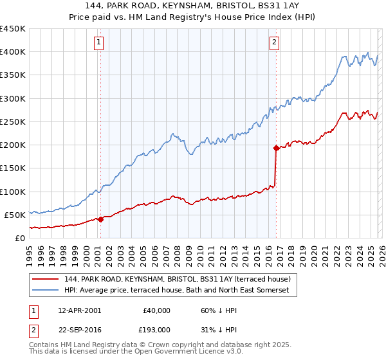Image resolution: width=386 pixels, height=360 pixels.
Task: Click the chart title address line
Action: pyautogui.click(x=193, y=6)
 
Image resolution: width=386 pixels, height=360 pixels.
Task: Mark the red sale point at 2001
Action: pyautogui.click(x=100, y=219)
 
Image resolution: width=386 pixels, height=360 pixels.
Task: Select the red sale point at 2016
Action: pyautogui.click(x=276, y=148)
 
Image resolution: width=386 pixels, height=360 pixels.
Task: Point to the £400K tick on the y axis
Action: pyautogui.click(x=13, y=52)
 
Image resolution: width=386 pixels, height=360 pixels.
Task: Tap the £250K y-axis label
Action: pyautogui.click(x=13, y=122)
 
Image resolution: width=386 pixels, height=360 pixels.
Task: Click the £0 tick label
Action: pyautogui.click(x=19, y=238)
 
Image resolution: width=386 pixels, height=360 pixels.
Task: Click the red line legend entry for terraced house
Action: pyautogui.click(x=177, y=279)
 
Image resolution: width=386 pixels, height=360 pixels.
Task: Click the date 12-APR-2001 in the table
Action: pyautogui.click(x=79, y=310)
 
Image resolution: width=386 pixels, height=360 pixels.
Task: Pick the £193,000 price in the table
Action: pyautogui.click(x=156, y=330)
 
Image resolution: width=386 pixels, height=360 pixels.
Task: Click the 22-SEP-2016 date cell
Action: pyautogui.click(x=79, y=330)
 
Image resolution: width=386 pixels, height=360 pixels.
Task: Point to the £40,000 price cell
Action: pyautogui.click(x=156, y=310)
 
